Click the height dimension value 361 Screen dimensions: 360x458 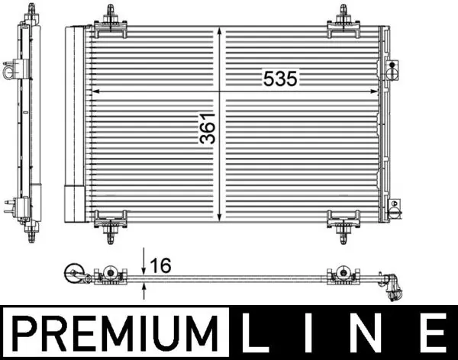(x=207, y=128)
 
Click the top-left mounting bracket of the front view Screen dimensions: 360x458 (x=113, y=21)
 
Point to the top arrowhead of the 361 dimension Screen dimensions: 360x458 (x=220, y=32)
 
